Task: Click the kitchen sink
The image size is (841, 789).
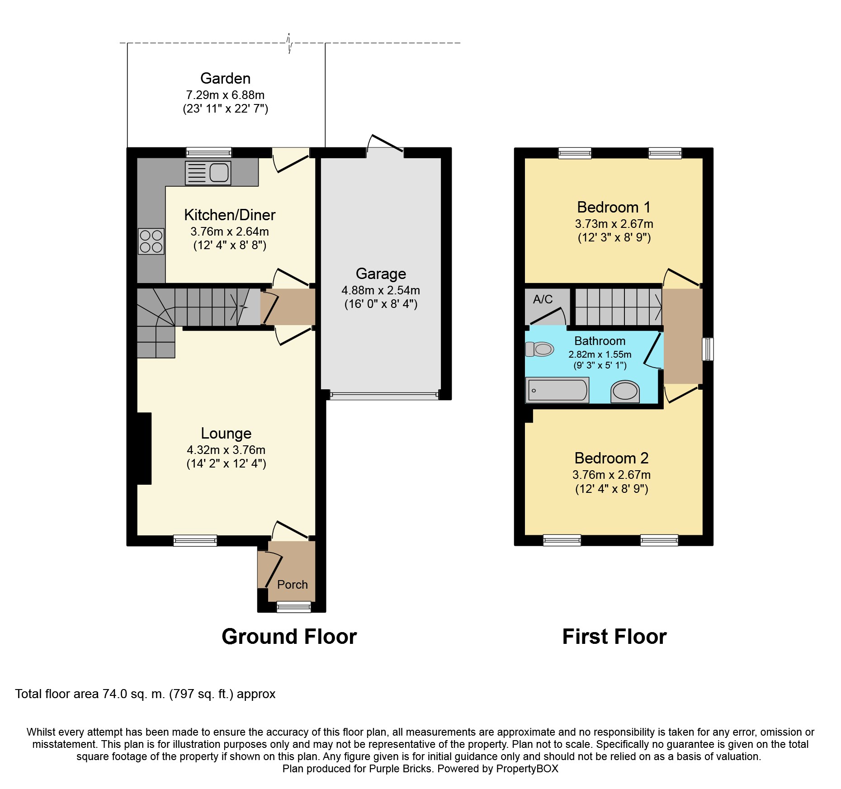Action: coord(208,173)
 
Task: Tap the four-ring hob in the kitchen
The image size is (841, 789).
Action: coord(151,241)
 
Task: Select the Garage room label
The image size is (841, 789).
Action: coord(381,274)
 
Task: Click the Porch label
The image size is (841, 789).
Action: coord(292,585)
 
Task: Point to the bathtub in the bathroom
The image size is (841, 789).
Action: coord(557,390)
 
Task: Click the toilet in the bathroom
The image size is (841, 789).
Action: coord(539,349)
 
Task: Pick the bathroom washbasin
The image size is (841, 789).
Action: coord(625,392)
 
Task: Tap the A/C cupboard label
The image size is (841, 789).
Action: coord(543,299)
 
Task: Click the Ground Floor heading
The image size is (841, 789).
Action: coord(289,637)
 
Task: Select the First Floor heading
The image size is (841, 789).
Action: coord(614,637)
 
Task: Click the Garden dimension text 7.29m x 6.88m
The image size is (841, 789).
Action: coord(225,95)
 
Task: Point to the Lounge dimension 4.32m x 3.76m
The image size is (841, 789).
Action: coord(226,450)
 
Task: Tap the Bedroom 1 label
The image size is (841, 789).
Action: coord(614,207)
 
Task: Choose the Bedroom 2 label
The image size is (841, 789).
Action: coord(611,458)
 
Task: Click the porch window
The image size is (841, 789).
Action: coord(294,607)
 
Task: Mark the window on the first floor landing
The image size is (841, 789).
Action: coord(708,349)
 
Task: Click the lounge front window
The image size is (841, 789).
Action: coord(195,540)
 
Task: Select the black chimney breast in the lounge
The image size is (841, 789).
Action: coord(144,449)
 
